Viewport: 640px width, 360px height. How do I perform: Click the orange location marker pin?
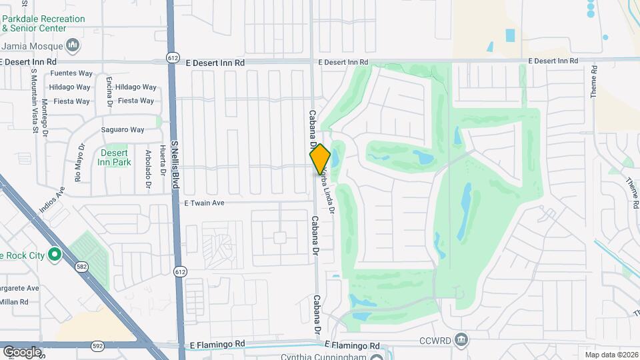(320, 160)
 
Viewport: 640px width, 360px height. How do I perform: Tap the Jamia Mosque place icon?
(73, 46)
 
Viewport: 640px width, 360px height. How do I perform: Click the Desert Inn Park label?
(114, 157)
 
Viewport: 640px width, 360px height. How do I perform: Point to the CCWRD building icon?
(461, 340)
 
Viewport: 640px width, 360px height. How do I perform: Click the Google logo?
(21, 351)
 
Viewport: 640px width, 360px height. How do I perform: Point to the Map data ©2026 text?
(611, 355)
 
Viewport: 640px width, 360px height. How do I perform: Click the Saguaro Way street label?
(122, 130)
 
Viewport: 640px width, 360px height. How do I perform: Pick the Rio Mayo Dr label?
(79, 164)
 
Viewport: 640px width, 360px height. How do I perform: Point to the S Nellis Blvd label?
(177, 164)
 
